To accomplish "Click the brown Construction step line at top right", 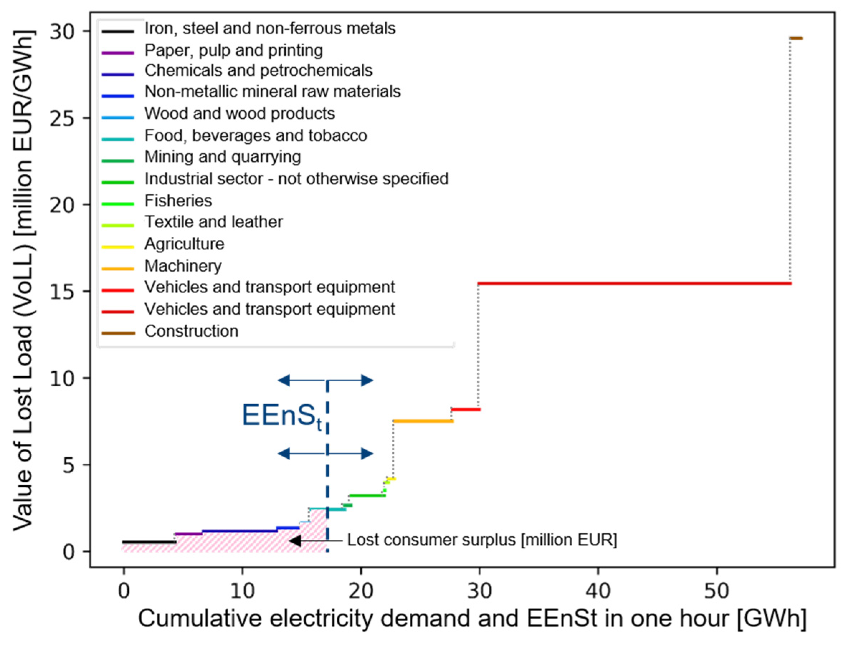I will tap(796, 38).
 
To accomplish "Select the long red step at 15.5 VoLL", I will tap(633, 283).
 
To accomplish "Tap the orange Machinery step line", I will tap(422, 421).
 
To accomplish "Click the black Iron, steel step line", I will tap(149, 542).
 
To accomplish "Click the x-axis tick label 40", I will tap(598, 591).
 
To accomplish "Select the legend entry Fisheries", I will tap(178, 201).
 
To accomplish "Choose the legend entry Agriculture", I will tap(184, 244).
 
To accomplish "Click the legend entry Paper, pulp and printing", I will tap(233, 51).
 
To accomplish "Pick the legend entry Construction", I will tap(191, 331).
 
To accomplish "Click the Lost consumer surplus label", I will tap(481, 540).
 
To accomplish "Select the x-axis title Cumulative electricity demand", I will tap(471, 619).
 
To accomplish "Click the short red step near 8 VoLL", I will tap(466, 409).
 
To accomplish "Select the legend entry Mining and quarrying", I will tap(222, 157).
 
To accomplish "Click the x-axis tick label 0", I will tap(123, 591).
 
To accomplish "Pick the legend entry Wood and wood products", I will tap(239, 114).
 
